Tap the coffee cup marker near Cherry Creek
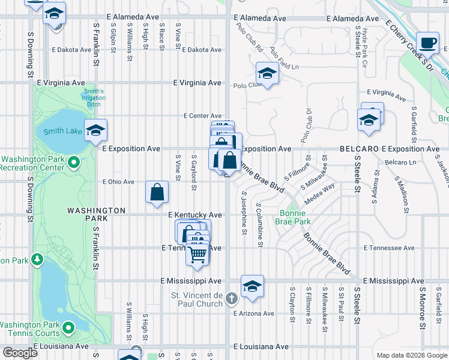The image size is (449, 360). [x=427, y=43]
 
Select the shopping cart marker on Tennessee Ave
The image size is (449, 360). [x=197, y=255]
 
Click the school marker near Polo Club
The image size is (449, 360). [x=267, y=74]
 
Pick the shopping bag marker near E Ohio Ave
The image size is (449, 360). [x=157, y=193]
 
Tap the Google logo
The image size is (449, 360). [x=20, y=353]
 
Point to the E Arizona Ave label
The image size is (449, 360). [x=254, y=313]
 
